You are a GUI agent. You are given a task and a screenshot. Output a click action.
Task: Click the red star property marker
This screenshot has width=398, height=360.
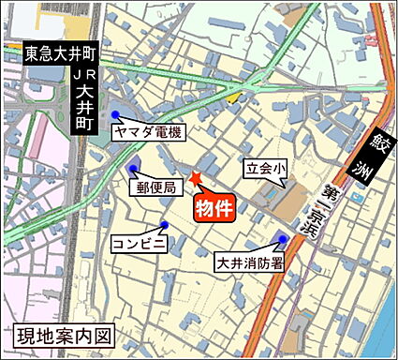click(x=196, y=178)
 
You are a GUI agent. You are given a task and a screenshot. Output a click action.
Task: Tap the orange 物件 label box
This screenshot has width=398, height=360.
click(x=213, y=208)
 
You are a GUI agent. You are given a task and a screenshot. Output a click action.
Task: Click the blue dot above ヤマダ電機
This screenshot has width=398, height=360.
click(x=115, y=114)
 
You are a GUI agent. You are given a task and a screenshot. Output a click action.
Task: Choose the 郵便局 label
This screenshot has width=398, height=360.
click(x=156, y=188)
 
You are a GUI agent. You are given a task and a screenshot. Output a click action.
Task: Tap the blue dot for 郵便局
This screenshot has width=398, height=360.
click(x=133, y=170)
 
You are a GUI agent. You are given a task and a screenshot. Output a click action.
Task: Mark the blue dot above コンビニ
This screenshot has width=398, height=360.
click(x=164, y=224)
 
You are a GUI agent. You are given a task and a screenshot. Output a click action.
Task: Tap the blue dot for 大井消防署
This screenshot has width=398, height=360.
click(x=282, y=239)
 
